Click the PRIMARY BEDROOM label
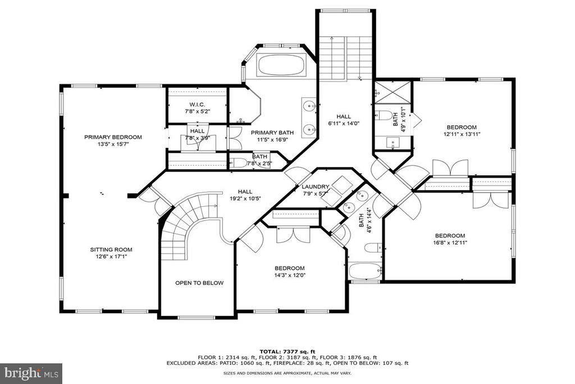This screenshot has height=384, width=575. [113, 137]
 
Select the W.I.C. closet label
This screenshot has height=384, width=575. [197, 105]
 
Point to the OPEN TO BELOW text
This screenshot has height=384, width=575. [199, 283]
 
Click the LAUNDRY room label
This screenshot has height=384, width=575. [316, 187]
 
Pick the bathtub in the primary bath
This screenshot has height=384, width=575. [281, 65]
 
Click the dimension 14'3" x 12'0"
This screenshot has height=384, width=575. [290, 275]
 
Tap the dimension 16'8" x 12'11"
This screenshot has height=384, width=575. [450, 242]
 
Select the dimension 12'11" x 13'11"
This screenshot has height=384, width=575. [462, 134]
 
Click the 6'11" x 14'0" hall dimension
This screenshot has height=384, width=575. [344, 123]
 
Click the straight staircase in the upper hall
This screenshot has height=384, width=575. [346, 58]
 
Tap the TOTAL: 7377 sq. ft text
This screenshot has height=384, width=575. [287, 351]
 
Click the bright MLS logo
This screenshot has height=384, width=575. [31, 373]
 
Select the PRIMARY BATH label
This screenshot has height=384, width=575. [272, 133]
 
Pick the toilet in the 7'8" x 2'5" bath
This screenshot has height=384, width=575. [238, 162]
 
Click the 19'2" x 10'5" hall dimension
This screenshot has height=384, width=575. [245, 198]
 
